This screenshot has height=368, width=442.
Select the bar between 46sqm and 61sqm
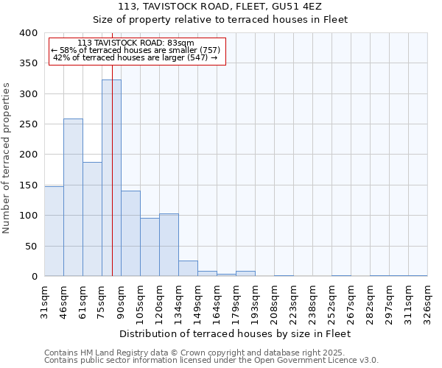[73, 197]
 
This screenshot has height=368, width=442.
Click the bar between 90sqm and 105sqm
[130, 233]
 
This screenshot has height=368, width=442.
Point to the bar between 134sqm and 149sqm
[188, 269]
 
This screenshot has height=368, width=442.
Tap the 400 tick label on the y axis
[29, 33]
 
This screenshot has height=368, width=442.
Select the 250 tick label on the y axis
[29, 124]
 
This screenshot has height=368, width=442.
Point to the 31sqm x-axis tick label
[44, 300]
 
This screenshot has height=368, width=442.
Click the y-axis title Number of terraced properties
[8, 158]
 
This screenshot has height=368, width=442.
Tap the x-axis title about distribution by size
[234, 333]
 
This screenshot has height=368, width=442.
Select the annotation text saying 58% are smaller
[136, 50]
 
